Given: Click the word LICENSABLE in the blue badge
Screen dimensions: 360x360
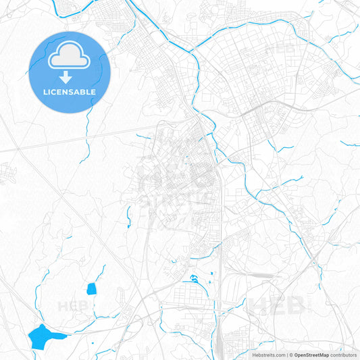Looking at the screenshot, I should coord(70,91).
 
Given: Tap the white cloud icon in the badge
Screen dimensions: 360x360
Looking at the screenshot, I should coord(70,57).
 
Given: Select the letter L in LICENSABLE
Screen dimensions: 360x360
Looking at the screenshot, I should coord(46,91).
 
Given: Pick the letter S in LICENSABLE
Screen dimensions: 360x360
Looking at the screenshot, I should coord(72,91).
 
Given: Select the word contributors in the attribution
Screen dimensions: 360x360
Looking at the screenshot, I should coord(344,354).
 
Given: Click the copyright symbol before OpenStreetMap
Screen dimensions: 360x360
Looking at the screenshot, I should coord(291,354).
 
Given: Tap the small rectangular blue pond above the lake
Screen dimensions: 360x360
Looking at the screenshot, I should coord(91,289).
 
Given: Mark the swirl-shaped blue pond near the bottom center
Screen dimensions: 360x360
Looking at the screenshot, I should coord(195,278).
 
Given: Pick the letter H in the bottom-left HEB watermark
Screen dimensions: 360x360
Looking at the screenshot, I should coord(63,307).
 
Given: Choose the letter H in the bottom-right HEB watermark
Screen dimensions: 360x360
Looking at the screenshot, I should coord(261,307).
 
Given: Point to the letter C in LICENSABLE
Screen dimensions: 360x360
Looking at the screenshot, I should coord(59,91).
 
